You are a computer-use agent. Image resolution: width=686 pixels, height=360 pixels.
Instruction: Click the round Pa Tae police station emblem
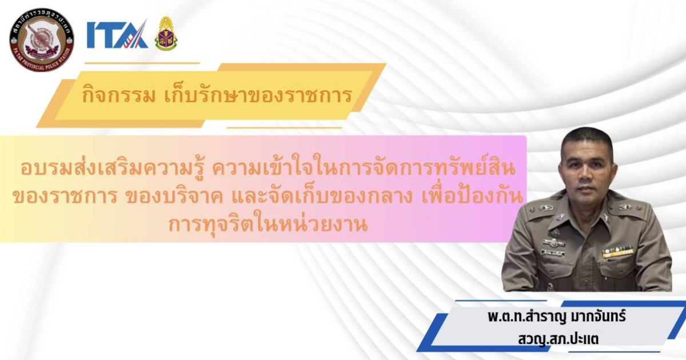(42, 40)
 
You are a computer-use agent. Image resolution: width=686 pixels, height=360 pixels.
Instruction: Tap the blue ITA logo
(117, 34)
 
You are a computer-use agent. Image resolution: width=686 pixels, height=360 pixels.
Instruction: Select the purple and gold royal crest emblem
(166, 34)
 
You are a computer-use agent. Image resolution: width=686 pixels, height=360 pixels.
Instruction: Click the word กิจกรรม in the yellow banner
(119, 95)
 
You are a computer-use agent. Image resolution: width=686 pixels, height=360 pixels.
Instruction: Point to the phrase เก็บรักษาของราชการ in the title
(258, 95)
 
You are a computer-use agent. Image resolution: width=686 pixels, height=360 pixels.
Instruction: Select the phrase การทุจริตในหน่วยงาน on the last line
(268, 225)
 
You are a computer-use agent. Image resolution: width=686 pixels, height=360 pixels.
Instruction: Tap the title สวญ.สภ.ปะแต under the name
(559, 339)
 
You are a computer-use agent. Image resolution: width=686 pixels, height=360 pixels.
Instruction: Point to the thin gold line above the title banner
(142, 63)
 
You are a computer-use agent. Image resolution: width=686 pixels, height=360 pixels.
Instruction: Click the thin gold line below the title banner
(284, 127)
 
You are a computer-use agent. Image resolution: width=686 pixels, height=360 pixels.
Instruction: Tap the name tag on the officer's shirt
(553, 253)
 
